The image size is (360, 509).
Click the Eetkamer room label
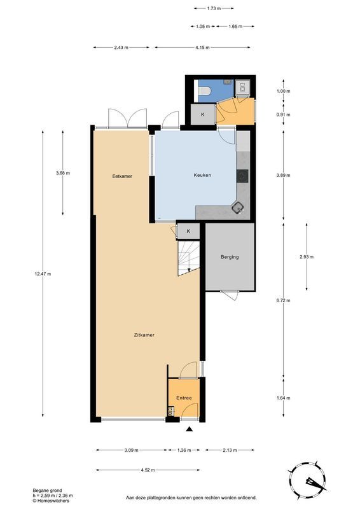tap(122, 176)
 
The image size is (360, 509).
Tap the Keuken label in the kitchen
tap(202, 175)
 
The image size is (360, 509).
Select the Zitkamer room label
tap(144, 335)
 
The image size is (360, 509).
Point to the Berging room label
tap(230, 257)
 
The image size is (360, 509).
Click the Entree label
tap(184, 398)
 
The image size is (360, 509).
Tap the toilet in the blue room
tap(204, 92)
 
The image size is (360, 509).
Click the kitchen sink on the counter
tap(238, 206)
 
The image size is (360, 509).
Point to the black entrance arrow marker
tap(189, 431)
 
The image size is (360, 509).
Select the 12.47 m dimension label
tap(43, 274)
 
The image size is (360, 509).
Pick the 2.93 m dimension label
tap(306, 257)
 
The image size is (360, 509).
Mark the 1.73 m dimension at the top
tap(214, 8)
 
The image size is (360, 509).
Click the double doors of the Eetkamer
tap(127, 118)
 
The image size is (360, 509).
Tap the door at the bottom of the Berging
tap(230, 295)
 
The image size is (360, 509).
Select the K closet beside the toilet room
tap(203, 115)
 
